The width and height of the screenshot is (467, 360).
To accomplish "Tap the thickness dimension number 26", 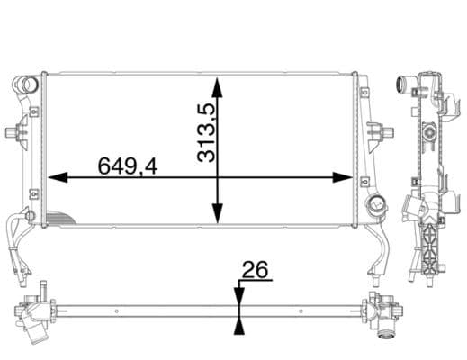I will click(256, 270).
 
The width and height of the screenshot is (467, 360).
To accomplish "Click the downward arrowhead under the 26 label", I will click(238, 297).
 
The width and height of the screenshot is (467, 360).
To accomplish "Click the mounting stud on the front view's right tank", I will click(388, 132).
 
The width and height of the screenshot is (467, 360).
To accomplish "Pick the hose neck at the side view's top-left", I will click(402, 86).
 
